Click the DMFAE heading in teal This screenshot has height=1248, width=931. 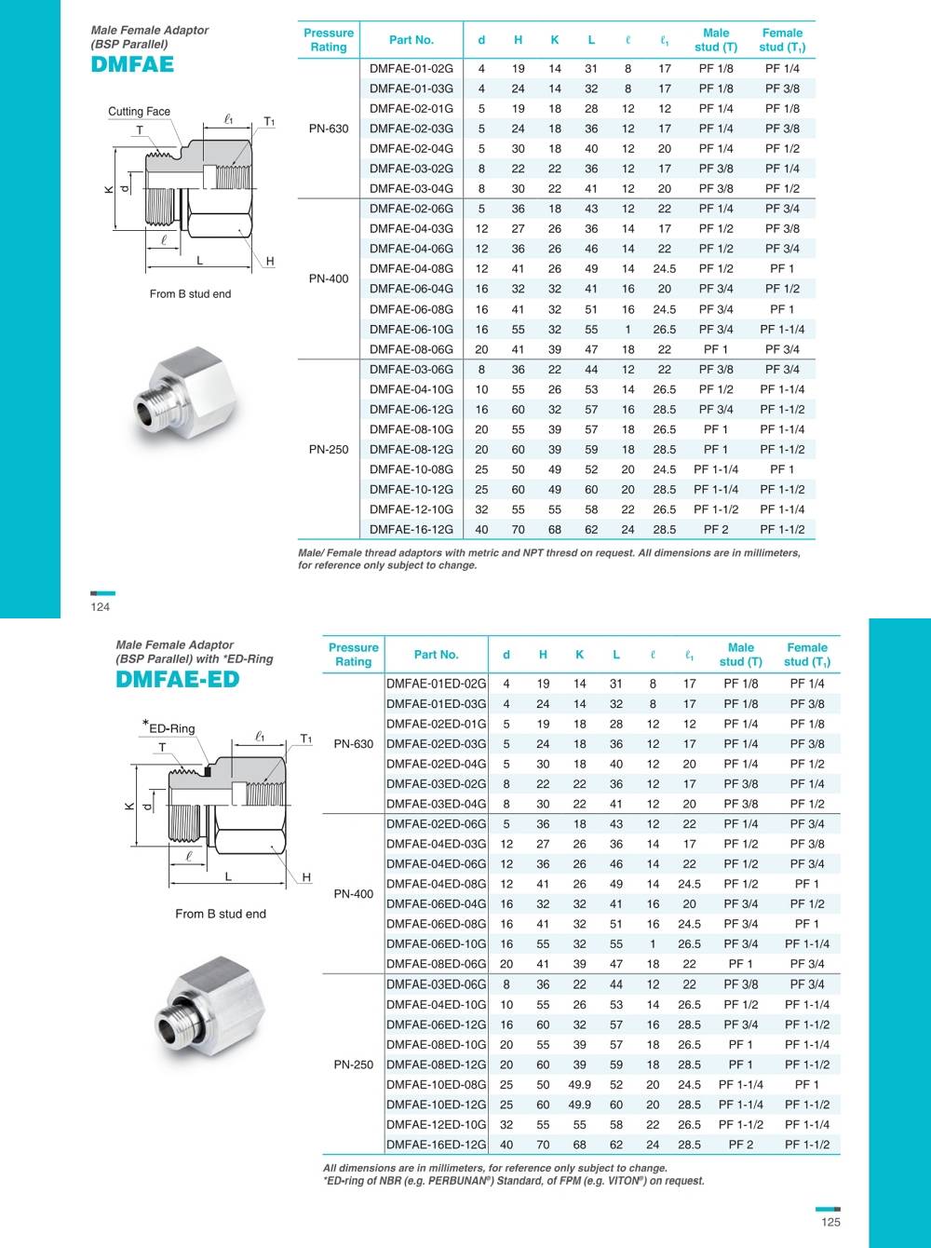click(132, 64)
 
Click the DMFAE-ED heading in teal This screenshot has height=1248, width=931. click(177, 679)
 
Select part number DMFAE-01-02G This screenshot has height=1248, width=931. click(412, 68)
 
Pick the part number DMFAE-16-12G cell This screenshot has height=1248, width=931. click(412, 529)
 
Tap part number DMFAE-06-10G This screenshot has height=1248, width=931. click(412, 329)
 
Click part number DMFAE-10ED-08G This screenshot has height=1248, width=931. click(436, 1084)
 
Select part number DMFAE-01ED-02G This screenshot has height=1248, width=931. click(436, 684)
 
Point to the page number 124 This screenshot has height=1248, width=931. click(101, 606)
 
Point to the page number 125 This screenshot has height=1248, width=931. click(830, 1222)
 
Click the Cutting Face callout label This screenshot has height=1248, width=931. click(139, 112)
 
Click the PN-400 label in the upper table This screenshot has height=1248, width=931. click(329, 278)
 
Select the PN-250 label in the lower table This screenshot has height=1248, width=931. click(354, 1065)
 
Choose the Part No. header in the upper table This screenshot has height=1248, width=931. click(412, 40)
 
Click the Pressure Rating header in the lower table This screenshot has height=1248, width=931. click(354, 654)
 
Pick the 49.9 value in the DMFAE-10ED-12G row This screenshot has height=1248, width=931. click(579, 1105)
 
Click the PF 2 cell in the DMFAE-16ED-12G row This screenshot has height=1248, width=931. click(741, 1145)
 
